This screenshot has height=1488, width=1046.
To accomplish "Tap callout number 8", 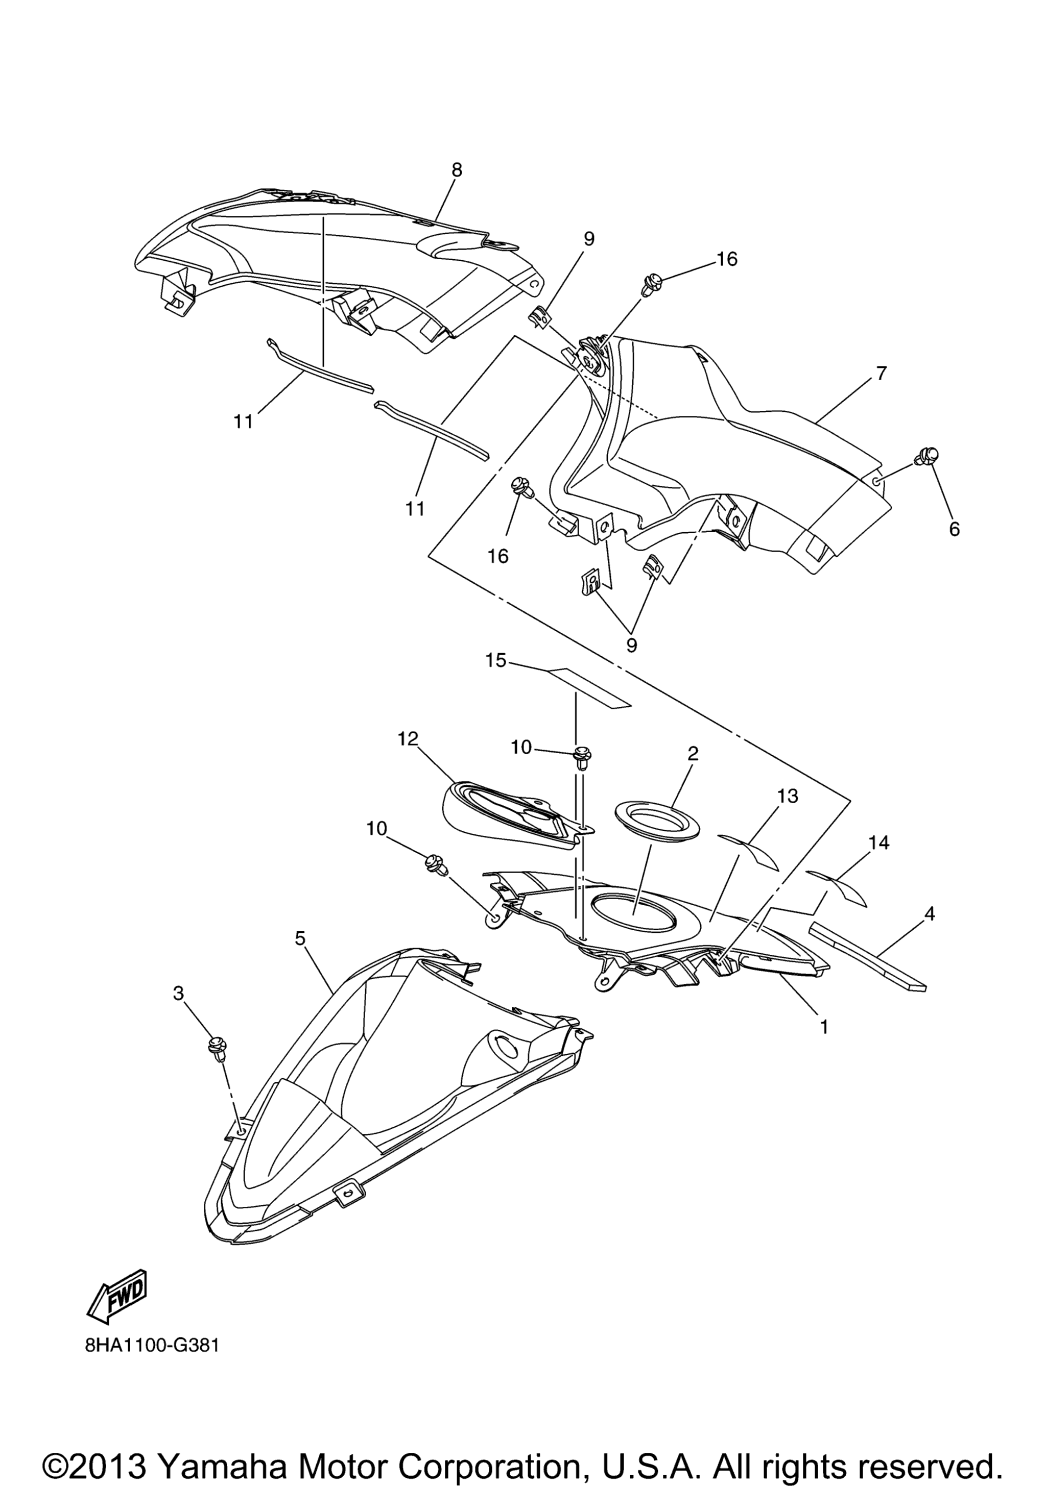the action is (x=457, y=170).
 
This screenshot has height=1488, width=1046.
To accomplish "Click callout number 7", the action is (x=882, y=374).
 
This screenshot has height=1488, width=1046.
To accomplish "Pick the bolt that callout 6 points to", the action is (x=926, y=456).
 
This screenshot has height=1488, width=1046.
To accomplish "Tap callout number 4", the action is (x=929, y=914).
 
